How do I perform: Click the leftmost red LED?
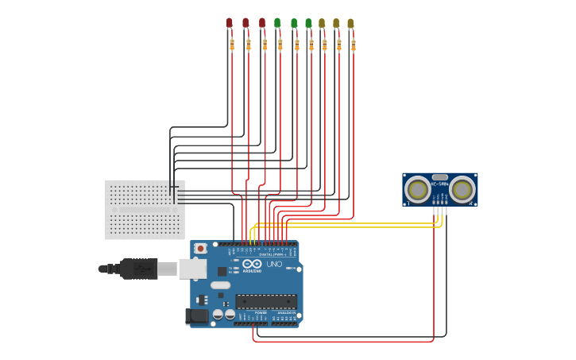pos(229,23)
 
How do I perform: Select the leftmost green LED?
pos(277,23)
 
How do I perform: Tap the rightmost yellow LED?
pos(350,24)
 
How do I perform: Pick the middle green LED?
pos(294,24)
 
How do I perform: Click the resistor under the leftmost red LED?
pos(232,45)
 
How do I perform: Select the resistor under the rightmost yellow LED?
pos(353,45)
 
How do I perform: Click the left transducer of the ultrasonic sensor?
pos(417,189)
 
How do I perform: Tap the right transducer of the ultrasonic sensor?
pos(462,189)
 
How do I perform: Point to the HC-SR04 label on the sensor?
pos(439,184)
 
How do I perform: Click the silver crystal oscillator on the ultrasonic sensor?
pos(439,176)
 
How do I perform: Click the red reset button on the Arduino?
pos(200,248)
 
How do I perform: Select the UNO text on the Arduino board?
pos(274,264)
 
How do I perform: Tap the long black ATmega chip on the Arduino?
pos(265,302)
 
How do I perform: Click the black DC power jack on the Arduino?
pos(196,316)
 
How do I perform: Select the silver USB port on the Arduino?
pos(192,269)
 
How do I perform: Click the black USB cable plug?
pos(139,269)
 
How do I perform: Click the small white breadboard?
pos(144,209)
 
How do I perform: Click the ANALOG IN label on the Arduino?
pos(284,313)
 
